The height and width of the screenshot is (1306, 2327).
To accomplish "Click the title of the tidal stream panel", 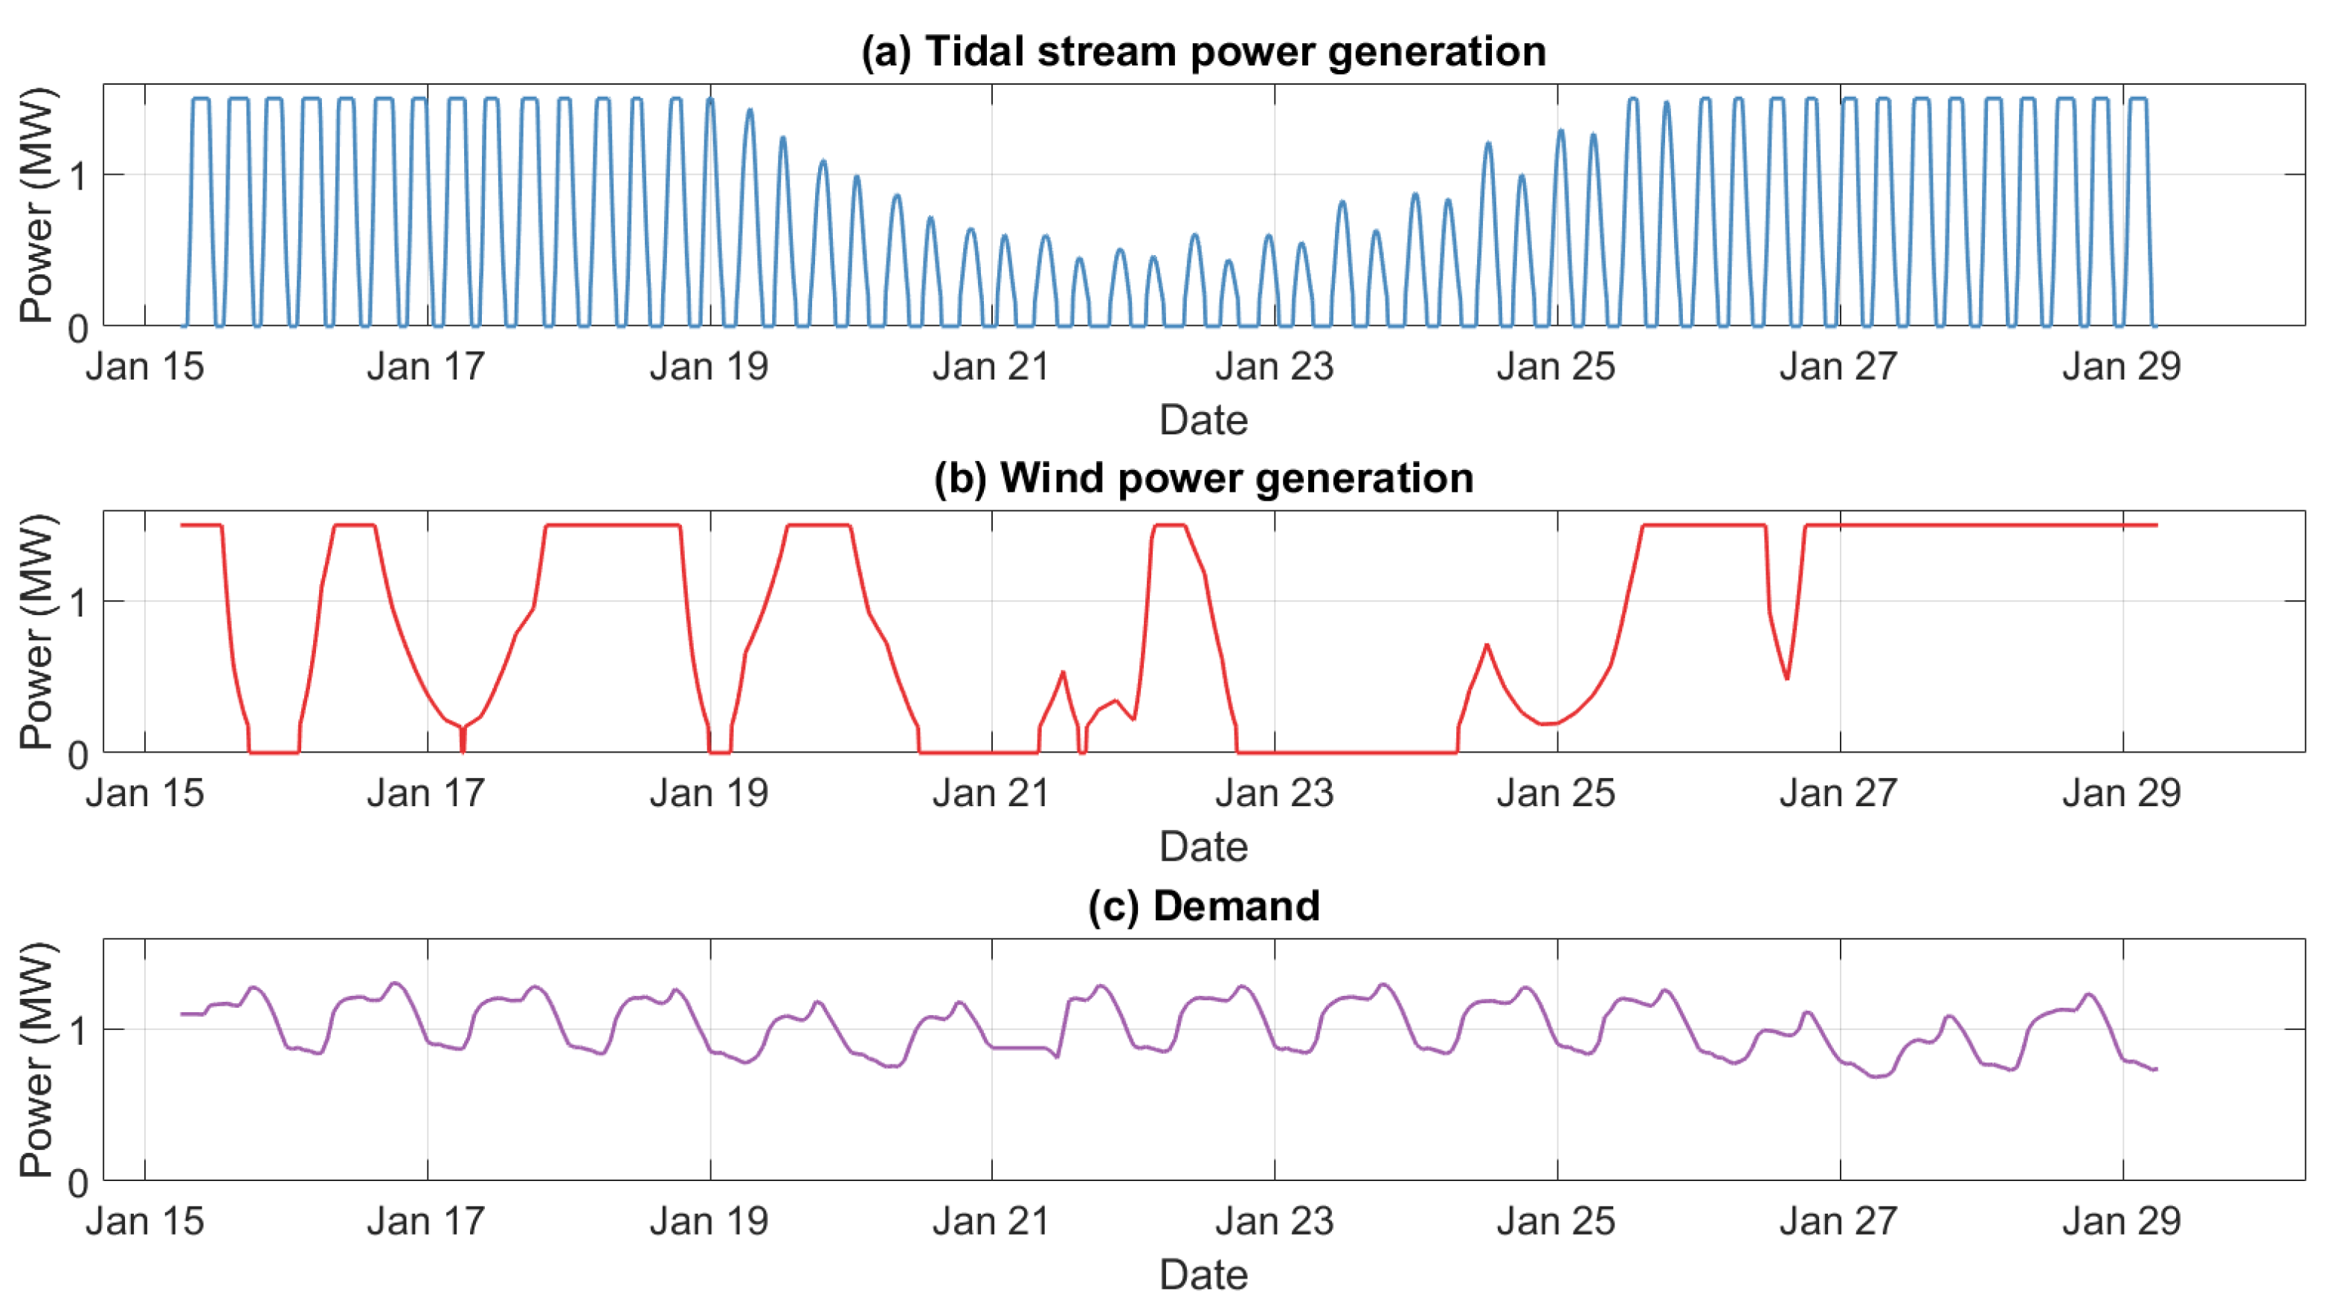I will [1203, 51].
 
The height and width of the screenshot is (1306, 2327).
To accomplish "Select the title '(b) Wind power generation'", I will [1203, 477].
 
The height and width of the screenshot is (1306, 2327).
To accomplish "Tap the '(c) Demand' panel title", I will [1203, 906].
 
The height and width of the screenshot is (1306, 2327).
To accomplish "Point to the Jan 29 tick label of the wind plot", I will [2121, 794].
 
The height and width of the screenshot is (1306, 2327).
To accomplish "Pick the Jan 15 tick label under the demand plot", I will [144, 1221].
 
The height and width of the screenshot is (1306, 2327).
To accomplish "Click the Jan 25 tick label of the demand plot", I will [1556, 1221].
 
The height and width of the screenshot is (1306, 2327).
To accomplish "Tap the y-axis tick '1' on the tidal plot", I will [79, 176].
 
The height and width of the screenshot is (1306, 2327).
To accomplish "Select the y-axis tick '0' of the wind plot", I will [79, 756].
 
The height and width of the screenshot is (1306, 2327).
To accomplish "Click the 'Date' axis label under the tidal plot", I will [1203, 421].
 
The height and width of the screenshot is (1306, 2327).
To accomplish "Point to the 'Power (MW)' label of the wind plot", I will [36, 632].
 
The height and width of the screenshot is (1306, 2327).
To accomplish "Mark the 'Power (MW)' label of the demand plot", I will [36, 1059].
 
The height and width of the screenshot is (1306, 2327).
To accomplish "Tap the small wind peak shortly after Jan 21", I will [1063, 672].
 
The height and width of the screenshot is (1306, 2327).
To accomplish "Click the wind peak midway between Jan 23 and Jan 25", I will [1487, 645].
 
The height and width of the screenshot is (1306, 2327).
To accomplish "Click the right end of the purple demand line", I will [2155, 1069].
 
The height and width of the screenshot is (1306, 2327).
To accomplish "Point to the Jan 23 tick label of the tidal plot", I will [1274, 367].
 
